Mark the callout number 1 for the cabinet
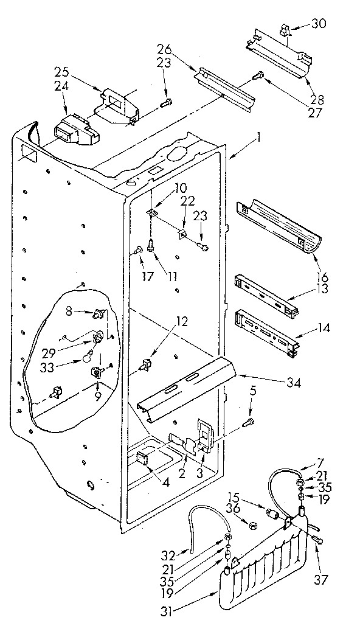(x=259, y=138)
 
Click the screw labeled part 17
(x=139, y=249)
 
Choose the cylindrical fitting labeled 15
(x=274, y=515)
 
